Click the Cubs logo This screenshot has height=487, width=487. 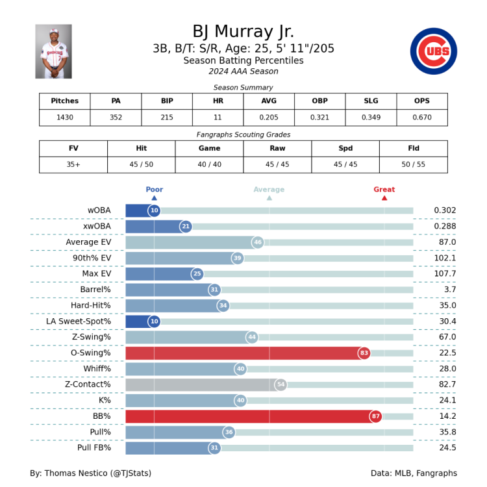[433, 51]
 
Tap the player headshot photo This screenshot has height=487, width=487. [53, 51]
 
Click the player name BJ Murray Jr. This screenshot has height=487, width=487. [243, 31]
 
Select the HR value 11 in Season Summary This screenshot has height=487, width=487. [218, 118]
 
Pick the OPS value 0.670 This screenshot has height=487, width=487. [421, 118]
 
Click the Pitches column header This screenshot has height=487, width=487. [64, 101]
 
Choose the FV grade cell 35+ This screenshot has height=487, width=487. [73, 165]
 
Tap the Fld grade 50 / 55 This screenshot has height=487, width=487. [413, 165]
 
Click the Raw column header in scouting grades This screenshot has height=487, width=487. [277, 149]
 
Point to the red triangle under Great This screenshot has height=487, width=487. [384, 198]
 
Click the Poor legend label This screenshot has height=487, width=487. [154, 190]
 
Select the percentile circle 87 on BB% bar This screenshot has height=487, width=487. [376, 416]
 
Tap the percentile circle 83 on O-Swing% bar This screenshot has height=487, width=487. [364, 353]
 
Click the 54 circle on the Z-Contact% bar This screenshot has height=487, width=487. [281, 384]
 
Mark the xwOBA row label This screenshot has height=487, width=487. [97, 227]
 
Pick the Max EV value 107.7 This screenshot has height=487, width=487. [445, 274]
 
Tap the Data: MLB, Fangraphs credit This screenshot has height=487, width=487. [414, 473]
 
